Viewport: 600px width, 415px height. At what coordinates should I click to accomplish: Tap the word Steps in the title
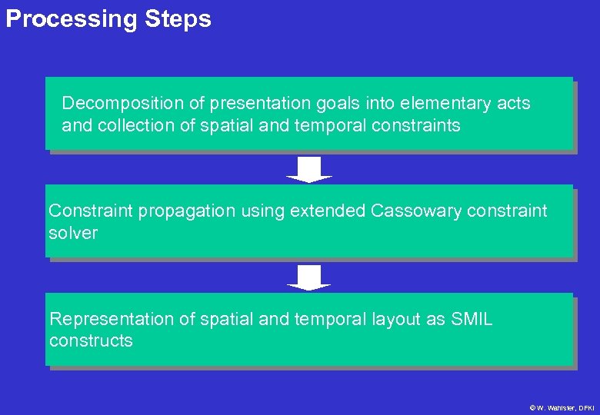[x=178, y=19]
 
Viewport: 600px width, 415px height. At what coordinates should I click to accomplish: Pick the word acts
[x=512, y=103]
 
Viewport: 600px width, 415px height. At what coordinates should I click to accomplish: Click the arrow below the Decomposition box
[x=308, y=169]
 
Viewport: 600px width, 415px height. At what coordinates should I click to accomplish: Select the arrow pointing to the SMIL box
[x=308, y=277]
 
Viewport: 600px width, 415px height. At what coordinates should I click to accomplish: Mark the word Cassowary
[x=417, y=211]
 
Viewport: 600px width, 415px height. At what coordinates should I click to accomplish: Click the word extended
[x=328, y=211]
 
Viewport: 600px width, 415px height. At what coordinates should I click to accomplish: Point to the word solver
[x=73, y=233]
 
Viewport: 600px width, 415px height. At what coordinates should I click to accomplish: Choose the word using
[x=263, y=211]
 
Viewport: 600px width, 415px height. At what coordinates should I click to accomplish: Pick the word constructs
[x=91, y=340]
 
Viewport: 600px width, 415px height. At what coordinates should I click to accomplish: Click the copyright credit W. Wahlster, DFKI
[x=563, y=407]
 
